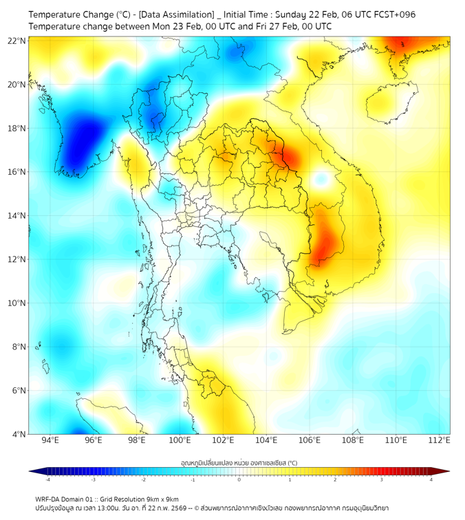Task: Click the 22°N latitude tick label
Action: (x=17, y=41)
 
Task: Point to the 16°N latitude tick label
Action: (x=17, y=172)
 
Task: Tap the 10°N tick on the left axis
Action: (x=17, y=303)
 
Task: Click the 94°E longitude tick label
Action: (x=50, y=440)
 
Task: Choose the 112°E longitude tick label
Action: (x=440, y=440)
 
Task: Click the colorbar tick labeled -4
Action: (x=47, y=479)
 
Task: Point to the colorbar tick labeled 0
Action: (x=239, y=479)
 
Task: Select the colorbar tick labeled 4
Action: (x=431, y=479)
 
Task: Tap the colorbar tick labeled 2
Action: (x=335, y=479)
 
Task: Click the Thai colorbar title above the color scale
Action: (x=239, y=463)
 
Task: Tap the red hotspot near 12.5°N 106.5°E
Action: (x=323, y=241)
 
